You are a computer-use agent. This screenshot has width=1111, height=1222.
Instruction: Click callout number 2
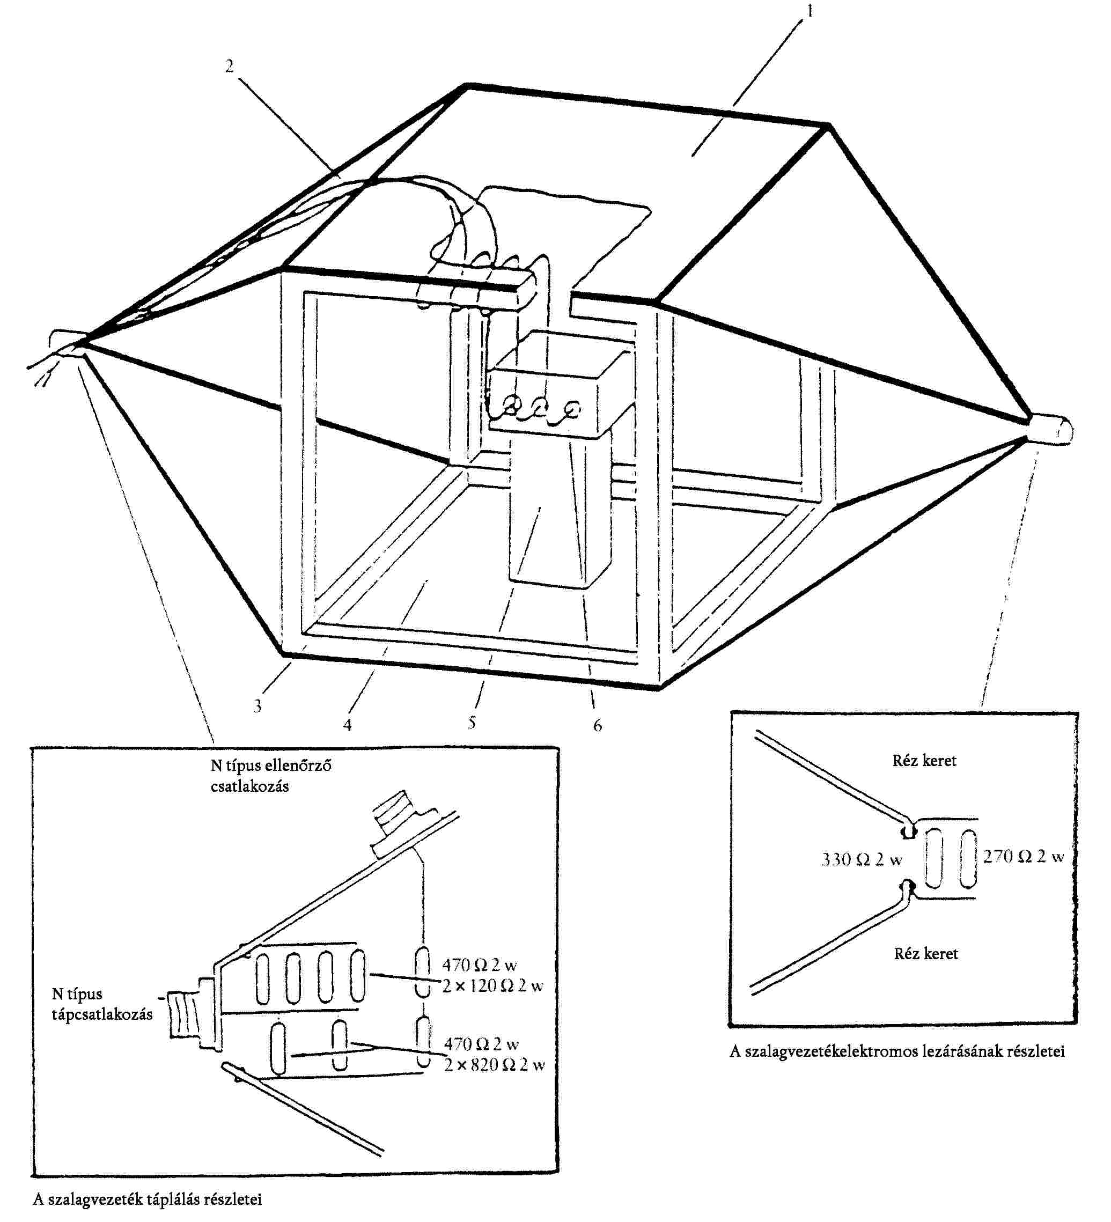(x=229, y=66)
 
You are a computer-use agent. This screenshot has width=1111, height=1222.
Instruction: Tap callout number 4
(x=347, y=725)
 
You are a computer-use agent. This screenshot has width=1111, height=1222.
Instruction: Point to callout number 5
(x=472, y=723)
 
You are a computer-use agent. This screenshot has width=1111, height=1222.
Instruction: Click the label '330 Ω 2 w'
(x=862, y=859)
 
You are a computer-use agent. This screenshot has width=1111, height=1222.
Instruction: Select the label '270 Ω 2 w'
(x=1023, y=857)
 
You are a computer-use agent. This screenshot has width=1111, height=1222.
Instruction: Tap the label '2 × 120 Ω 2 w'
(x=492, y=986)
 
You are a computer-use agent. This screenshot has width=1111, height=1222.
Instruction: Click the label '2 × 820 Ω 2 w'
(x=494, y=1065)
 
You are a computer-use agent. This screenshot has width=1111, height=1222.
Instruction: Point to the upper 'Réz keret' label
(x=924, y=761)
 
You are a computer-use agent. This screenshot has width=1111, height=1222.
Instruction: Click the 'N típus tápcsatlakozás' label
(x=102, y=1004)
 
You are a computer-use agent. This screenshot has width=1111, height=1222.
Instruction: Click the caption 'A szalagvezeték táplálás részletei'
(x=148, y=1199)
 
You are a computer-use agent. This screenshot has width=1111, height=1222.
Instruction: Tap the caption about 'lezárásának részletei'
(x=897, y=1051)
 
